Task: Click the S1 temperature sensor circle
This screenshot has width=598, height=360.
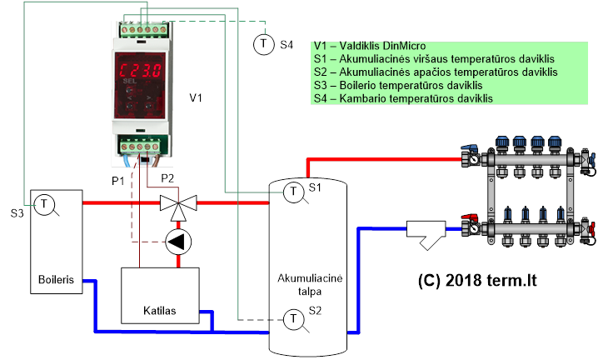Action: click(293, 192)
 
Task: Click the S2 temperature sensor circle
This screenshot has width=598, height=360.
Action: click(293, 319)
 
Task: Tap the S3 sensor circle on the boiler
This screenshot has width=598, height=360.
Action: click(44, 204)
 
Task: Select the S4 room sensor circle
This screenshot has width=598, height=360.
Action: click(263, 44)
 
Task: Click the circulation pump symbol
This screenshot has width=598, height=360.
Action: click(178, 242)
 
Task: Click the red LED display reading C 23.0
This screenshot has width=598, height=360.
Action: click(140, 71)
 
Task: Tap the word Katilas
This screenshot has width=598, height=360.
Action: click(160, 310)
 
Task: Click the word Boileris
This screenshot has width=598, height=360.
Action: click(56, 279)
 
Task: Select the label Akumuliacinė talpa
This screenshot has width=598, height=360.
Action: click(310, 285)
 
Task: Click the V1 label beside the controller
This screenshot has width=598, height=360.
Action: click(196, 98)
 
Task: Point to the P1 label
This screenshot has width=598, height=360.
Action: click(118, 181)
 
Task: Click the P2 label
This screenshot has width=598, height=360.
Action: click(167, 177)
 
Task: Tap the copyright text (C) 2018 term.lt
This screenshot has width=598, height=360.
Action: click(477, 281)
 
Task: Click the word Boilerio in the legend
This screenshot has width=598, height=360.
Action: click(358, 85)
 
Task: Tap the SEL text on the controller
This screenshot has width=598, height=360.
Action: click(130, 82)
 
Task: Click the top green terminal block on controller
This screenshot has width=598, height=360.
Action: click(143, 29)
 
